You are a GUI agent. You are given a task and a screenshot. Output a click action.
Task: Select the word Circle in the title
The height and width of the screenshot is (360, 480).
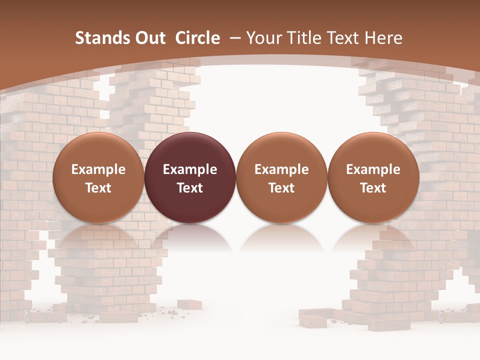(x=197, y=38)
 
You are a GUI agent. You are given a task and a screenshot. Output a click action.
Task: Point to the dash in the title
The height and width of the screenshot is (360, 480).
(x=235, y=38)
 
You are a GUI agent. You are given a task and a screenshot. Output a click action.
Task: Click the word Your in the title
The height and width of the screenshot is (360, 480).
(x=262, y=38)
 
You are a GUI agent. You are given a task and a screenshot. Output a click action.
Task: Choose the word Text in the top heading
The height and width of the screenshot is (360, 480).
(x=340, y=38)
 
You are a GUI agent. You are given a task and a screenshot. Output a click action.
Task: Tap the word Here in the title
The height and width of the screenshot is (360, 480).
(x=383, y=38)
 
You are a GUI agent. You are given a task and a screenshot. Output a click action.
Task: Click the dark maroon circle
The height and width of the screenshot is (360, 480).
(x=190, y=150)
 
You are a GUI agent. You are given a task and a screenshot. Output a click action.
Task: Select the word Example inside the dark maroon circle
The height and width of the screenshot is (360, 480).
(x=190, y=169)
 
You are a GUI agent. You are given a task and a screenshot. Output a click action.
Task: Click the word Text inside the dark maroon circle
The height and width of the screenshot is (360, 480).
(x=190, y=188)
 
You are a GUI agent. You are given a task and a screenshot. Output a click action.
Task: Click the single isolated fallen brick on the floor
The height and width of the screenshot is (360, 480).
(x=189, y=304)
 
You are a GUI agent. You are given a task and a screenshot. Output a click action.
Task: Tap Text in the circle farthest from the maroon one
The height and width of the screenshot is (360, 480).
(x=373, y=188)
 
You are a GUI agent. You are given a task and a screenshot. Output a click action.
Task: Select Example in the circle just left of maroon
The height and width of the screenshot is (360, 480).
(x=98, y=169)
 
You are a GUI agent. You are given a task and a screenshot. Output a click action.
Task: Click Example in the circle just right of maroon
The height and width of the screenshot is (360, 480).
(x=281, y=169)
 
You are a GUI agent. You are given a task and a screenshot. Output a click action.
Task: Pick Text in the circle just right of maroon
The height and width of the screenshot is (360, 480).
(x=281, y=188)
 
